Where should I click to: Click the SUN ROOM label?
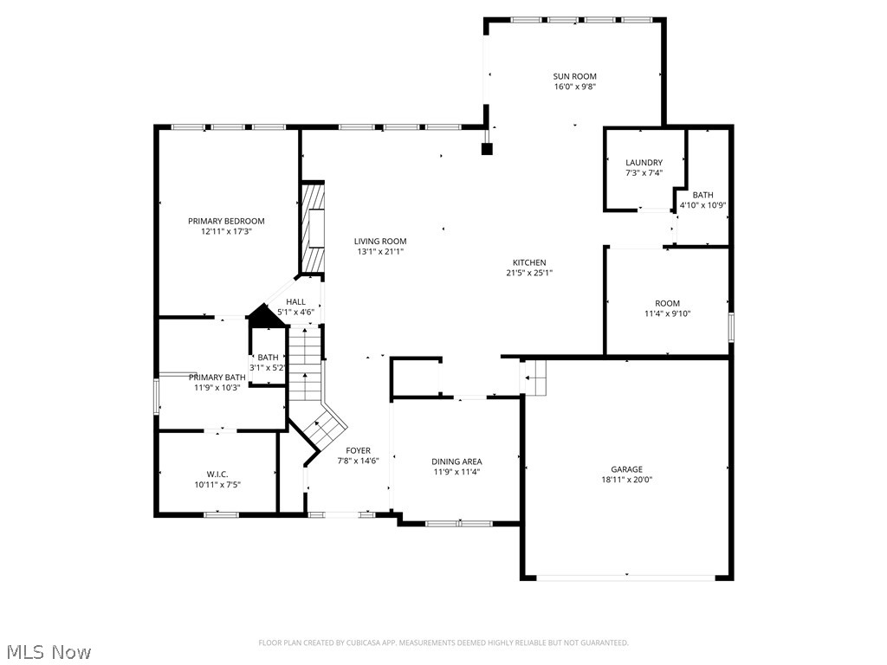(574, 76)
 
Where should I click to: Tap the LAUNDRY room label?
(644, 162)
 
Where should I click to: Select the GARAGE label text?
(626, 469)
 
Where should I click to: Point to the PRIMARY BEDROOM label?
(226, 221)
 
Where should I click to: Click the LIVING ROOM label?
(379, 242)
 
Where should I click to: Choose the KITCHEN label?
(528, 262)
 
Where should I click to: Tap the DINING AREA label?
(456, 462)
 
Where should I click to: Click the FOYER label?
(358, 450)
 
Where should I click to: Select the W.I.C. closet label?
(217, 474)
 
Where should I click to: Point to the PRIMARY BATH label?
(217, 377)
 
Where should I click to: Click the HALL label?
(295, 301)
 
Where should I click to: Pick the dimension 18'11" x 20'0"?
(626, 480)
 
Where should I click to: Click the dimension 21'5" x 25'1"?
(528, 273)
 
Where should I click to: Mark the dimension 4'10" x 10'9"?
(702, 205)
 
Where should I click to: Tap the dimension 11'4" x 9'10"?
(667, 313)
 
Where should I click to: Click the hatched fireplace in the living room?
(313, 228)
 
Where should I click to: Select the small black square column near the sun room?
(487, 149)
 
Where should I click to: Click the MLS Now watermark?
(48, 651)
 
